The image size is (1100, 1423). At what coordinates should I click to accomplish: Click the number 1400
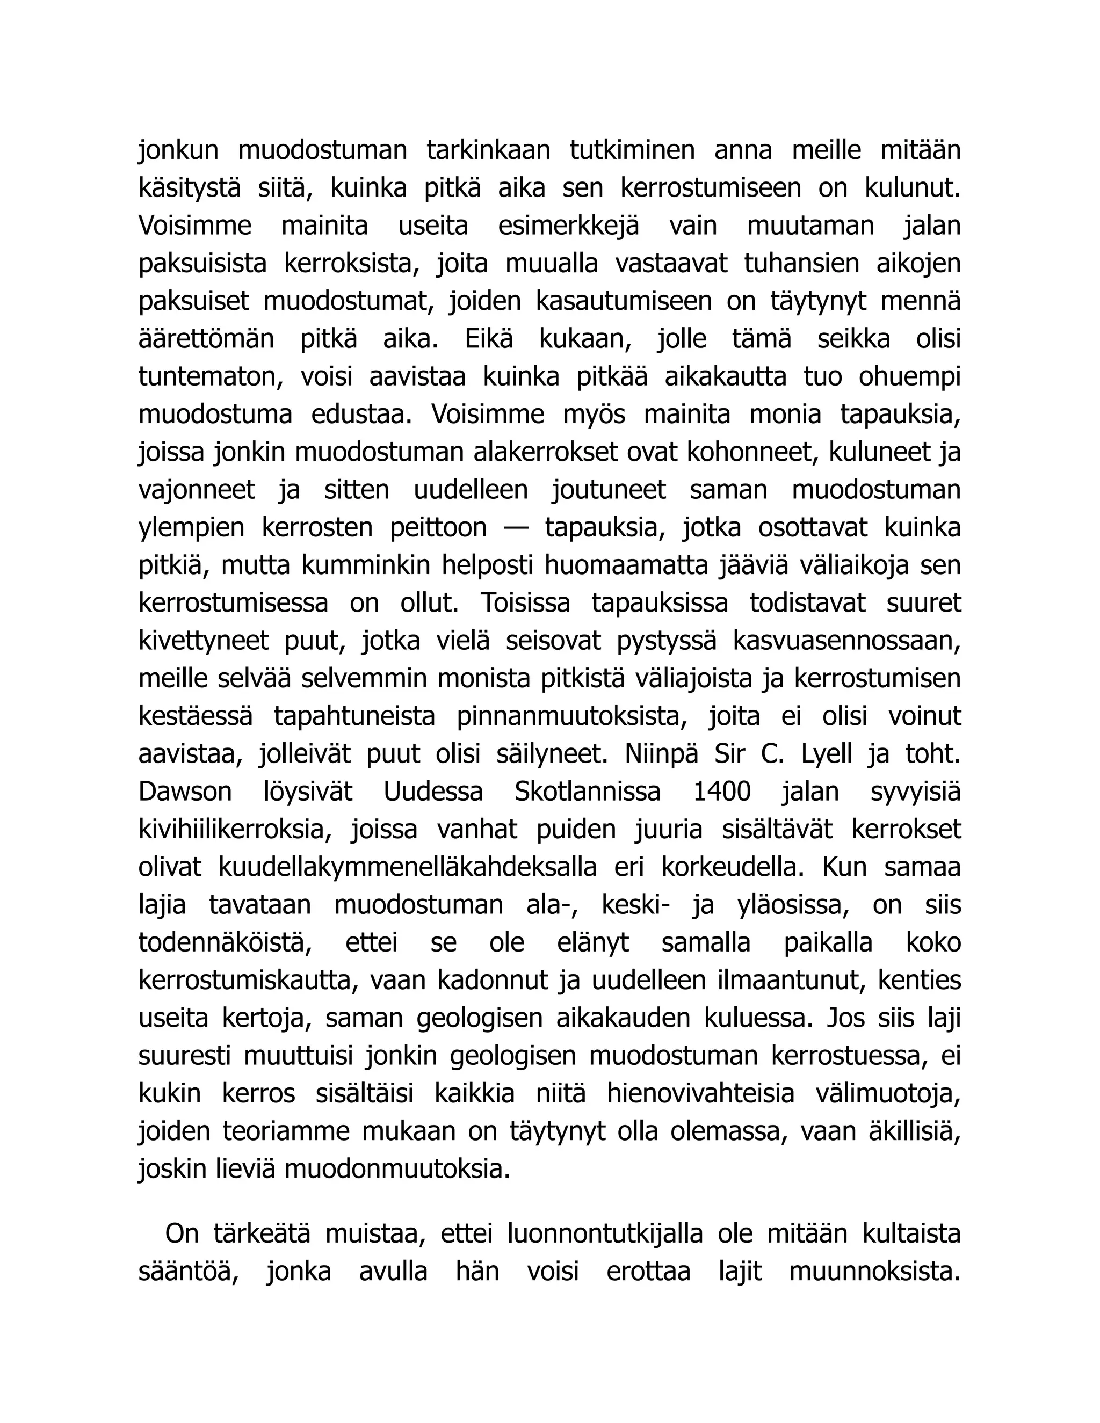(x=722, y=792)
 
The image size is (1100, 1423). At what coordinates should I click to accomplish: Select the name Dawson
(x=185, y=792)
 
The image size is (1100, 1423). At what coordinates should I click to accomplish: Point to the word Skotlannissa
(x=587, y=792)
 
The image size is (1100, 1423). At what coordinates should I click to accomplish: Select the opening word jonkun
(x=178, y=150)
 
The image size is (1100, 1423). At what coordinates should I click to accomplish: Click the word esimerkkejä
(x=568, y=226)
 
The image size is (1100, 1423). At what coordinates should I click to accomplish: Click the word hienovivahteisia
(x=700, y=1094)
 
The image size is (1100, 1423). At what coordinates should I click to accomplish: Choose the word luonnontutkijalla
(x=604, y=1233)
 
